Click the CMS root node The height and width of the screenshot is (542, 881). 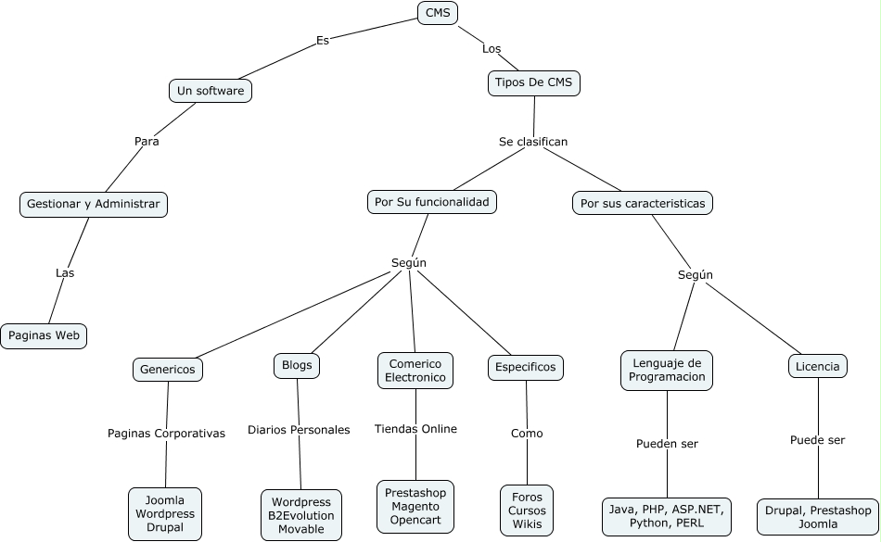(438, 13)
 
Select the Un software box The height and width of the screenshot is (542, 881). (211, 91)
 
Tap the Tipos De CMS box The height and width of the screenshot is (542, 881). (534, 83)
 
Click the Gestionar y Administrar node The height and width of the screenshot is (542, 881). (94, 204)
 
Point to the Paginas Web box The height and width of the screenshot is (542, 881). (44, 336)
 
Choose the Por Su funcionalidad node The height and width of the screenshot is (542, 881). (432, 202)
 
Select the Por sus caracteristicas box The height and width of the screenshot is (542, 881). (643, 203)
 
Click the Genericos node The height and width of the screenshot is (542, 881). (168, 370)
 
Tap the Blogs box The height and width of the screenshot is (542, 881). (297, 366)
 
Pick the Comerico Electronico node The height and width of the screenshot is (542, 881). (415, 371)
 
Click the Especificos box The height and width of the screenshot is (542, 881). (525, 368)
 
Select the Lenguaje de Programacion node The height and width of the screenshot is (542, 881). (667, 371)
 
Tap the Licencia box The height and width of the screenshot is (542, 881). (818, 366)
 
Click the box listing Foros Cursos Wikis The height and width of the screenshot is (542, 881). (527, 510)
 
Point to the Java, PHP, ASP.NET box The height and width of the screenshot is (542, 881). (667, 517)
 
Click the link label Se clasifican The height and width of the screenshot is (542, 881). (533, 142)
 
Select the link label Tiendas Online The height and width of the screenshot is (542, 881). (415, 429)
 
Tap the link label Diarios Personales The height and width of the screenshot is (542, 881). (299, 430)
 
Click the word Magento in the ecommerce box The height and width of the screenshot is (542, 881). (415, 507)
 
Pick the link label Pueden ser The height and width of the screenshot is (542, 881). (667, 444)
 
